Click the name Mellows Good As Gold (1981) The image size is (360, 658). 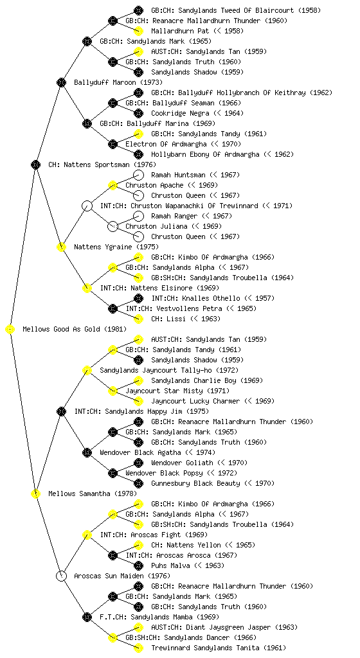[x=75, y=329]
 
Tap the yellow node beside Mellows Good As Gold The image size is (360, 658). [x=10, y=329]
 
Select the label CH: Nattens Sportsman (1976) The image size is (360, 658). [x=102, y=164]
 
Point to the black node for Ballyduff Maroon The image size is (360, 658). [x=61, y=82]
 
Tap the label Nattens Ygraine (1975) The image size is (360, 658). [x=116, y=247]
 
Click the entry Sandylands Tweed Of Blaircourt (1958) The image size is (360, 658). [x=236, y=10]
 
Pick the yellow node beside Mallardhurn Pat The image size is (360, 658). [x=138, y=31]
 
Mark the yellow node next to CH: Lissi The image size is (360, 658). [x=138, y=319]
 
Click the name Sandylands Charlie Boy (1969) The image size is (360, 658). [x=207, y=380]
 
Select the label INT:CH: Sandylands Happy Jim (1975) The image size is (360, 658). [x=141, y=411]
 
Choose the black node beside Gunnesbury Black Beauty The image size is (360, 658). [x=138, y=483]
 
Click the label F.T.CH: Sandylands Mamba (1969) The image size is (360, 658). [x=159, y=617]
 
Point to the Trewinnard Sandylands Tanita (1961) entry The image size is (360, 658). [x=219, y=648]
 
